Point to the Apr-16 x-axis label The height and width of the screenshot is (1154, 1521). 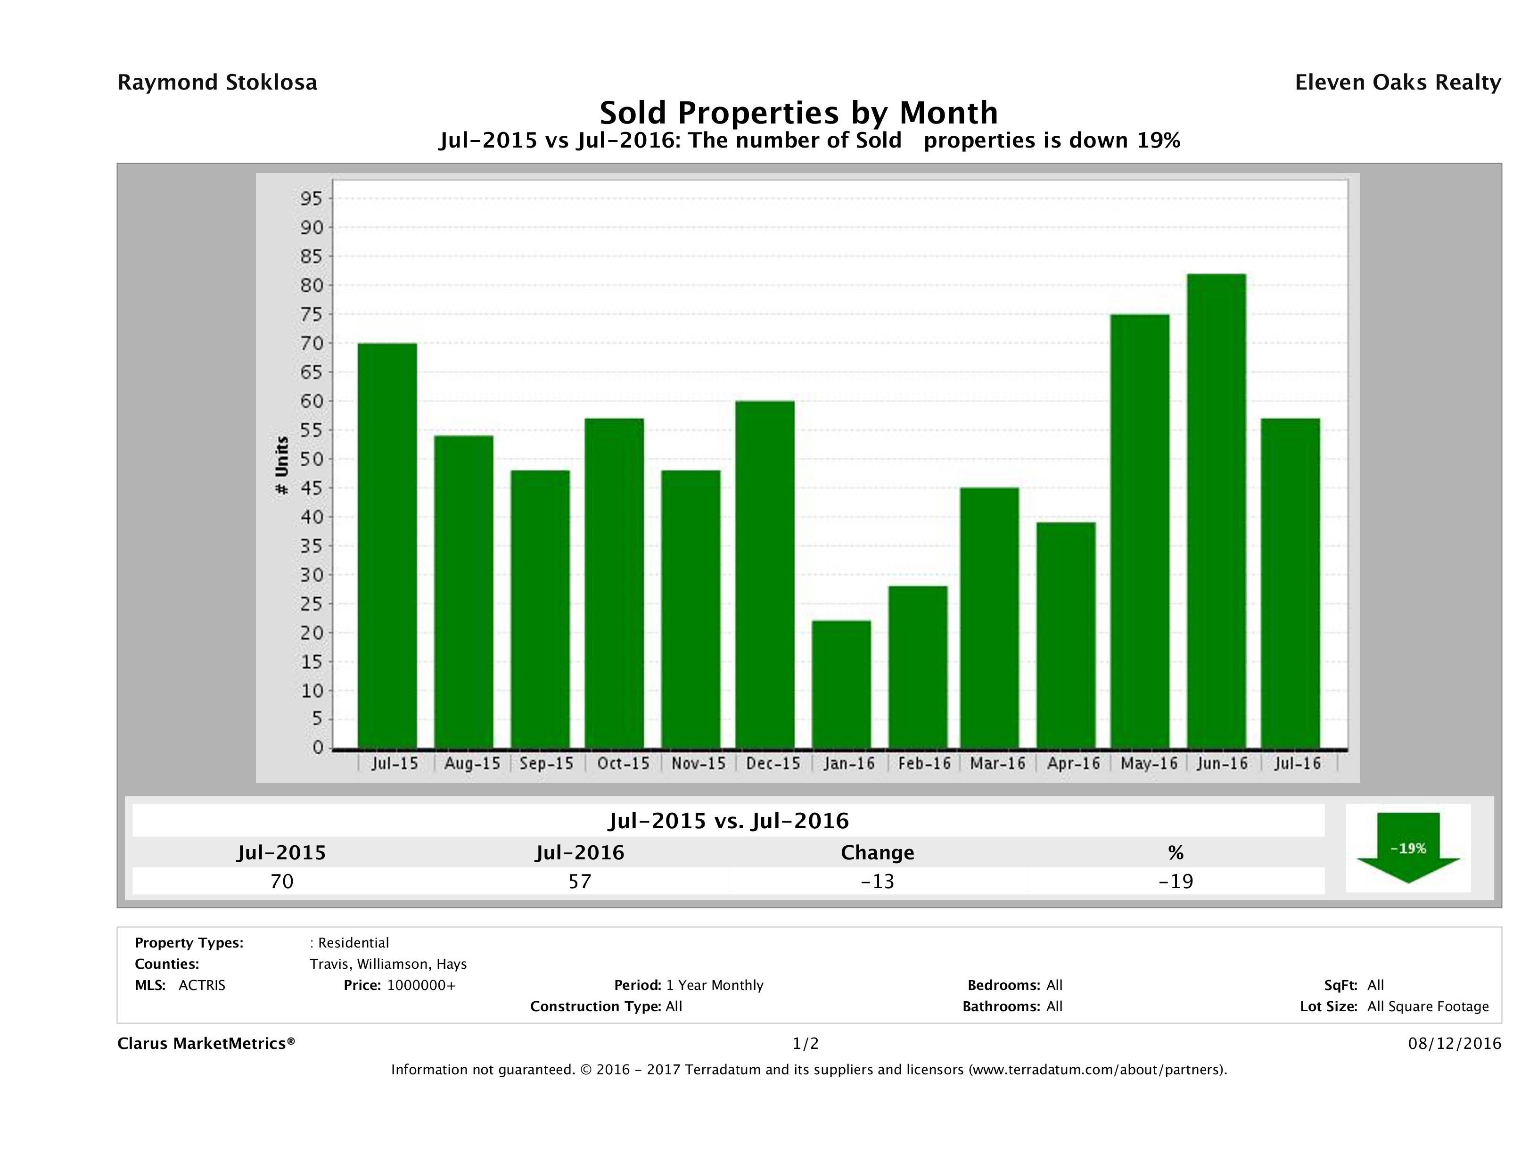(1073, 763)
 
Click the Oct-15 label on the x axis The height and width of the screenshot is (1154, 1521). (623, 763)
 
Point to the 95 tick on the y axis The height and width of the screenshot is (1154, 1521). (311, 199)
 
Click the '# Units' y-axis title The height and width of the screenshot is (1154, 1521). (282, 466)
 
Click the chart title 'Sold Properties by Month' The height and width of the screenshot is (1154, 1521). (798, 112)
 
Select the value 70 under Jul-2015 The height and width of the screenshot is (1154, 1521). (282, 881)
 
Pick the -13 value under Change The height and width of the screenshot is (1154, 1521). (878, 881)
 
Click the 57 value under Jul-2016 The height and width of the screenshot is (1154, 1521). (580, 881)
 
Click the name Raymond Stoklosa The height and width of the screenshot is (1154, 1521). (217, 82)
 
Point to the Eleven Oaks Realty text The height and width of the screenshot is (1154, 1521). (1397, 82)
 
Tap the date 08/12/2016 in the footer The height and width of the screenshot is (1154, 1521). (1454, 1043)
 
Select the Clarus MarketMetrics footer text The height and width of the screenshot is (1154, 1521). (206, 1043)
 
